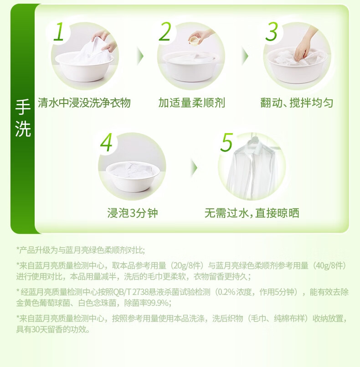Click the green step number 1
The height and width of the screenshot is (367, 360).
click(x=59, y=32)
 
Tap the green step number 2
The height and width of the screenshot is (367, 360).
click(x=165, y=32)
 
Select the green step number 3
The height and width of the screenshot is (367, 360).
click(x=272, y=32)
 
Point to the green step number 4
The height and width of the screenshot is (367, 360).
click(x=106, y=143)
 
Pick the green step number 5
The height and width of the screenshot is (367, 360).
click(x=226, y=142)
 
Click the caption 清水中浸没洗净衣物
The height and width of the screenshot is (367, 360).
click(x=84, y=103)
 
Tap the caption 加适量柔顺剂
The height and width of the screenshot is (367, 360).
click(x=191, y=103)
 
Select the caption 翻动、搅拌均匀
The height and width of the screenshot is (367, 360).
click(x=297, y=103)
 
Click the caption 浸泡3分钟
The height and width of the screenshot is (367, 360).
click(x=133, y=213)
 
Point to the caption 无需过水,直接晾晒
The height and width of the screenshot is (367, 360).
click(x=252, y=213)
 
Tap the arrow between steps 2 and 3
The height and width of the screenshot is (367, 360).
click(x=245, y=56)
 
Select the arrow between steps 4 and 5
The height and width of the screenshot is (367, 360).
click(x=194, y=168)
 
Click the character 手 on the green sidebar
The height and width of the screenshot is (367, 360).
click(x=23, y=107)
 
